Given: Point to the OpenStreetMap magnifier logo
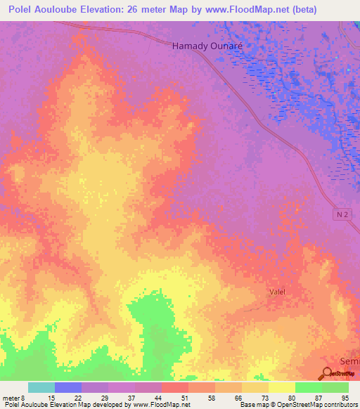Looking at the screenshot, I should tap(329, 375).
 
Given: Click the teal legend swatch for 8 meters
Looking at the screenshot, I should tap(41, 387).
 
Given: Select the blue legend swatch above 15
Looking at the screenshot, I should tap(67, 387).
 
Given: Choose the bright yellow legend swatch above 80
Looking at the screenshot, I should tap(281, 387).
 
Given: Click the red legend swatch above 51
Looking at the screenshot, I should tap(174, 387).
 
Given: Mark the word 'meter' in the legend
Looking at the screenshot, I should tap(11, 398).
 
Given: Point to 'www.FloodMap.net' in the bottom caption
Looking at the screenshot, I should tap(161, 405).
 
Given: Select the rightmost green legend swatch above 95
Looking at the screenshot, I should tap(335, 387).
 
